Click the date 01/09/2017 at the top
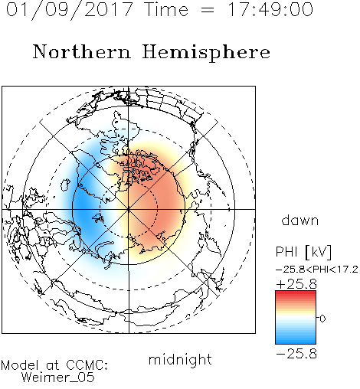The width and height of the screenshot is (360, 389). [70, 10]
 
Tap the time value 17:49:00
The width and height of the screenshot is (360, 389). [270, 9]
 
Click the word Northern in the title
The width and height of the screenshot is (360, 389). [82, 51]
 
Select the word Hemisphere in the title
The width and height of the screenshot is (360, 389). [206, 52]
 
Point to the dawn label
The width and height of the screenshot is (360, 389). [300, 220]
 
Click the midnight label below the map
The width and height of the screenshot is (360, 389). [180, 359]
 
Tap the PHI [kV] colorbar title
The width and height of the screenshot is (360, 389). [303, 252]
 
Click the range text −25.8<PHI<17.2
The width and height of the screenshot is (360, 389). [316, 270]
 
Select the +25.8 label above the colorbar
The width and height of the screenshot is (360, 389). [296, 284]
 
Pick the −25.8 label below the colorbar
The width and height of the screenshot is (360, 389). [296, 354]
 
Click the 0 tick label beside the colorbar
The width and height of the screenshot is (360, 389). [322, 319]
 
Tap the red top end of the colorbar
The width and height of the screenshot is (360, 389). [296, 293]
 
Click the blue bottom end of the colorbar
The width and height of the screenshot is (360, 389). [296, 342]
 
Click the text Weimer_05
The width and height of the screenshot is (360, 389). [58, 378]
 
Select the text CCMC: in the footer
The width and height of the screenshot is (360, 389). [87, 365]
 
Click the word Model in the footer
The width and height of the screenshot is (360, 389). [20, 365]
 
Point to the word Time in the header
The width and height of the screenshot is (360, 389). [166, 9]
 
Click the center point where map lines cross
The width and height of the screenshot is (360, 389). [129, 209]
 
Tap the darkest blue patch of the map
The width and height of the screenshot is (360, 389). [82, 205]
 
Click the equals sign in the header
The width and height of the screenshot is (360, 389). [207, 10]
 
